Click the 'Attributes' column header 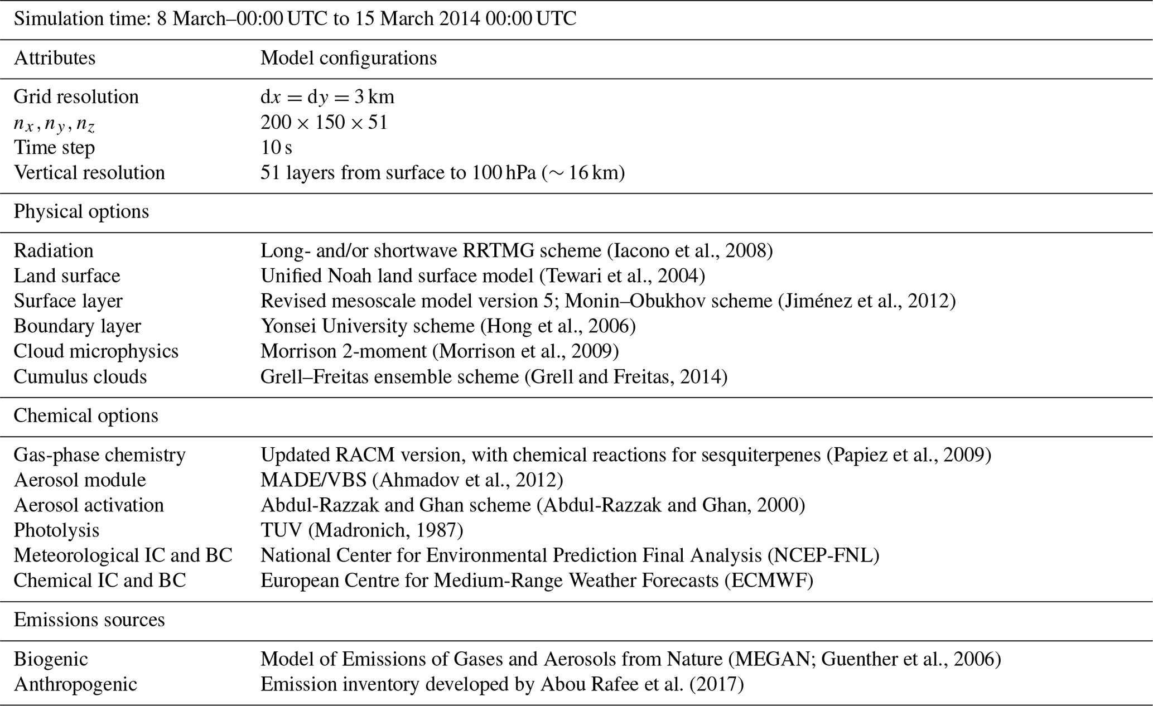click(54, 58)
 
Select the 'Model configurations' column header click(348, 58)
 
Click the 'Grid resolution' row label click(76, 97)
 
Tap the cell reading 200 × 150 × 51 click(324, 122)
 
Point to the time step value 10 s click(276, 147)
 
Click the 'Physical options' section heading click(81, 212)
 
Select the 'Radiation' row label click(54, 251)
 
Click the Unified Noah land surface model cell click(483, 276)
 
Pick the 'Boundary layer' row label click(77, 326)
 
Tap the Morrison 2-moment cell click(440, 351)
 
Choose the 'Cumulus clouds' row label click(80, 377)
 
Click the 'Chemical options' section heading click(85, 416)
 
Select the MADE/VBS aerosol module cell click(412, 480)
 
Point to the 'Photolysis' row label click(56, 530)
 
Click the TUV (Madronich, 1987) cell click(361, 530)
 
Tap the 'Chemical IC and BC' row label click(99, 581)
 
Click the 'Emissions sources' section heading click(89, 620)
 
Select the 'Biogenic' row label click(51, 659)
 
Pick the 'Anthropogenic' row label click(75, 684)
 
